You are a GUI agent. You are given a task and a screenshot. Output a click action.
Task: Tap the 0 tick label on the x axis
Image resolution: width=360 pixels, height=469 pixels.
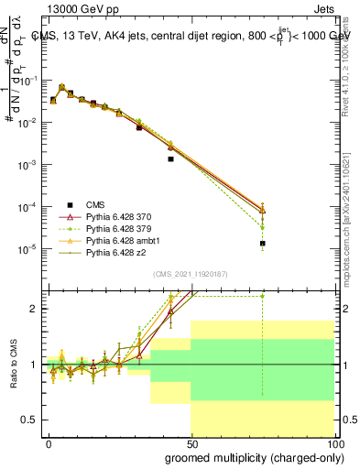[x=49, y=442]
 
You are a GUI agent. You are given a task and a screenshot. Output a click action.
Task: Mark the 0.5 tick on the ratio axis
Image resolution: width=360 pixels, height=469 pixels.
[x=28, y=420]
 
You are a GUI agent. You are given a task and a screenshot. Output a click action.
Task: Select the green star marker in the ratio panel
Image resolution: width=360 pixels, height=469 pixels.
[x=262, y=296]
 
